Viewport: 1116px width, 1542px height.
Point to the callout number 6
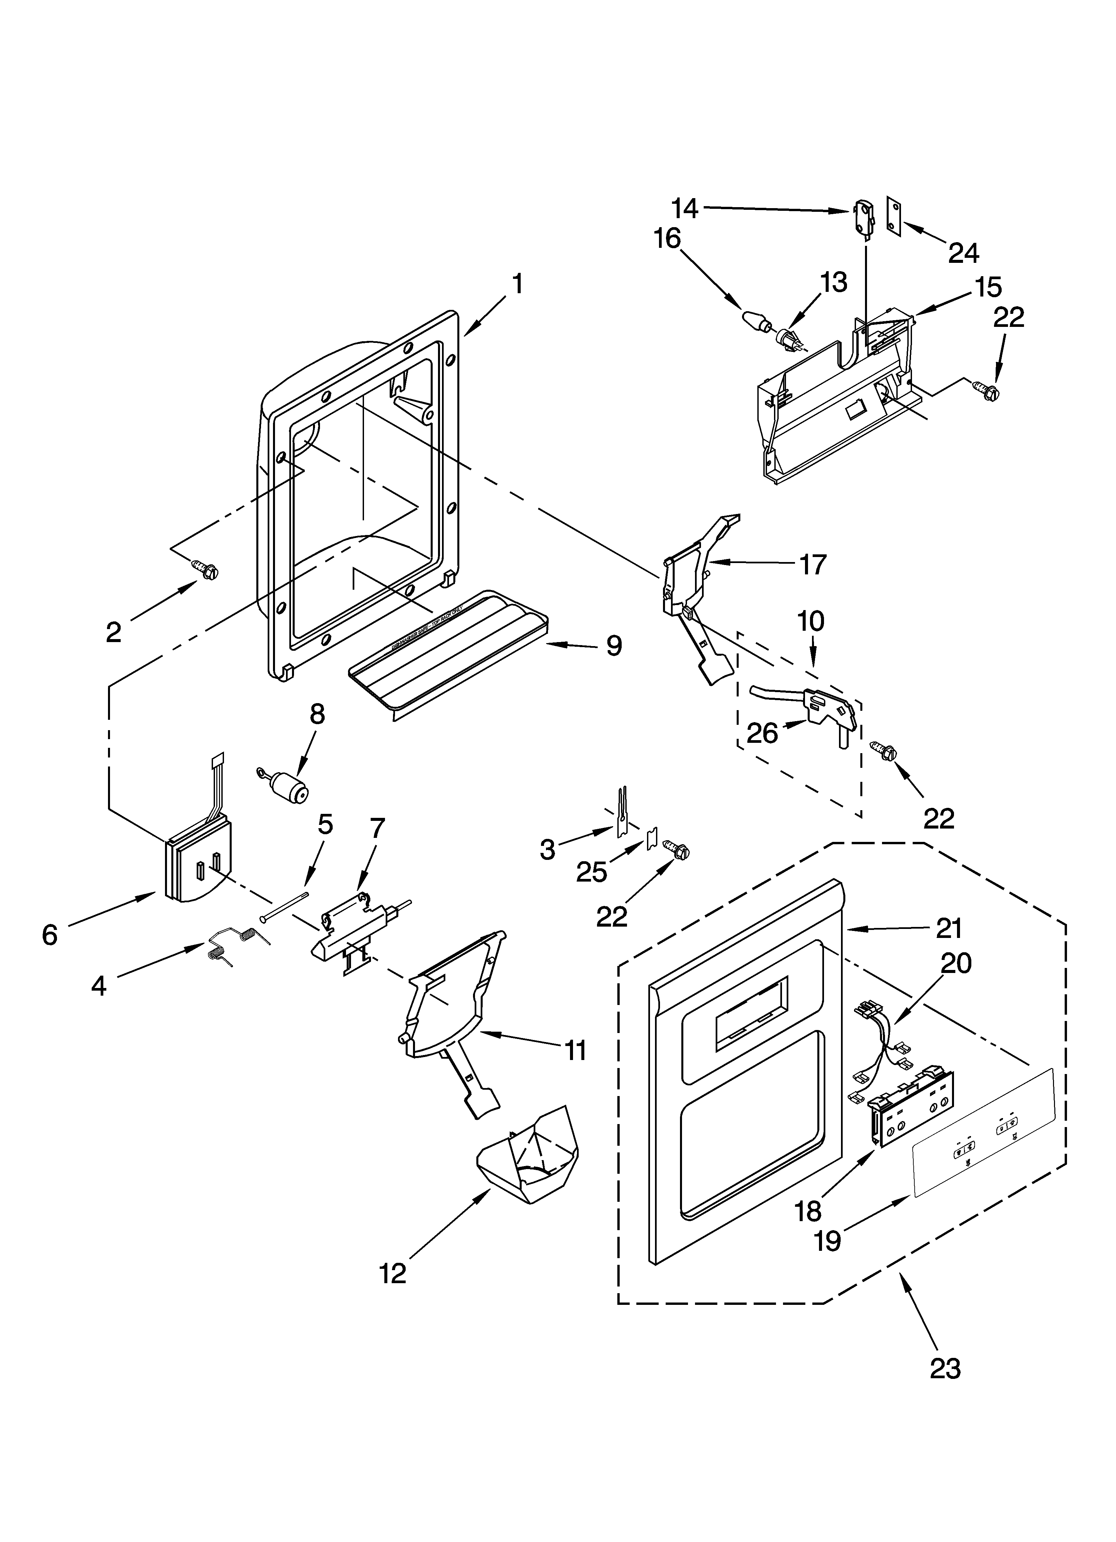(50, 936)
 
